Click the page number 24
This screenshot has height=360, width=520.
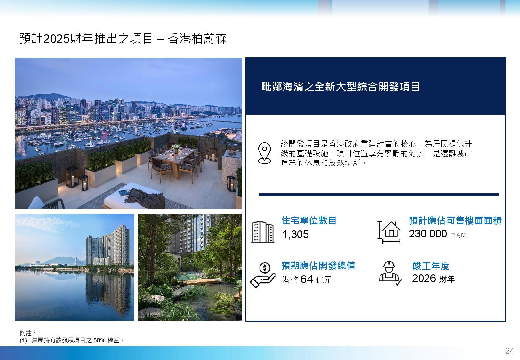pos(509,351)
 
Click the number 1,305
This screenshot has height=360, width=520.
pos(295,235)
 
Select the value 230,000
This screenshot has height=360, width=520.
pos(428,234)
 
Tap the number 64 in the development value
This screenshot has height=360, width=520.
pos(307,279)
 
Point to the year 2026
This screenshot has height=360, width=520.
pos(424,278)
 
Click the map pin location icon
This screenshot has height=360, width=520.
pos(264,153)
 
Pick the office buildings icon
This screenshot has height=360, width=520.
pos(263,232)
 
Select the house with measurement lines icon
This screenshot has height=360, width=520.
pos(389,232)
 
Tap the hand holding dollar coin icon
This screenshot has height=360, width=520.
pos(262,275)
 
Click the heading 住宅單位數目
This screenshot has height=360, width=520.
pos(309,220)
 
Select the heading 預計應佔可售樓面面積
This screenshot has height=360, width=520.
pos(455,220)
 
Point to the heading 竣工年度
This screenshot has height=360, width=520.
pos(431,266)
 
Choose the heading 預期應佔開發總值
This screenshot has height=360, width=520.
pos(318,266)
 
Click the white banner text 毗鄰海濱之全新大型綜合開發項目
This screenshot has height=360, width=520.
pos(340,87)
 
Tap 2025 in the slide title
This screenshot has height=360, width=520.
pos(56,38)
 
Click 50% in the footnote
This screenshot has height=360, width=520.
pos(99,340)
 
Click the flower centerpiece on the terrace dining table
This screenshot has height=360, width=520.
pos(176,148)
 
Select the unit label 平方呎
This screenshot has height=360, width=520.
pos(458,235)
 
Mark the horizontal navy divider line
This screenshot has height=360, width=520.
pos(378,195)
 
